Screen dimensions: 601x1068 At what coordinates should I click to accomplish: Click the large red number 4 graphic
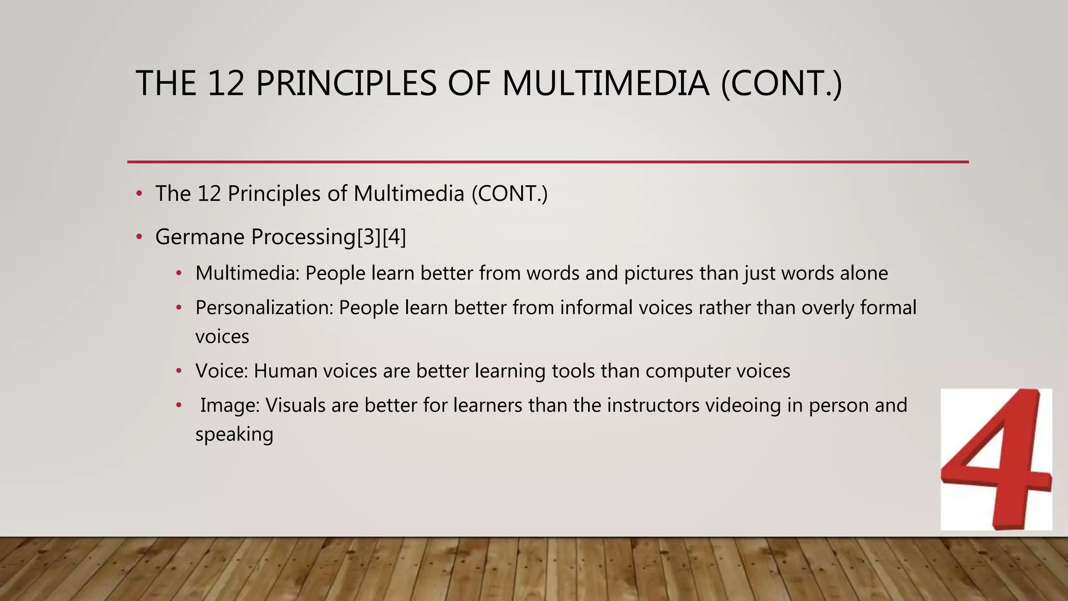[x=996, y=459]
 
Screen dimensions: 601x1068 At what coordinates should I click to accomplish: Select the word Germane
[x=200, y=237]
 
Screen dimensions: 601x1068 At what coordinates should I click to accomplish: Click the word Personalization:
[x=264, y=308]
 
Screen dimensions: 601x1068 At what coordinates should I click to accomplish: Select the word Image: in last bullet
[x=230, y=405]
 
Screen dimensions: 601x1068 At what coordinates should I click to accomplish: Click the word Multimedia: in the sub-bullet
[x=247, y=273]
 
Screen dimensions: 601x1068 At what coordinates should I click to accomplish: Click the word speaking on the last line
[x=234, y=434]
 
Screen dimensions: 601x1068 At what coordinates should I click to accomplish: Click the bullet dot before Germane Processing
[x=139, y=237]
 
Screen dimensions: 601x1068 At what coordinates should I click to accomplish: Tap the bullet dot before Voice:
[x=179, y=371]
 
